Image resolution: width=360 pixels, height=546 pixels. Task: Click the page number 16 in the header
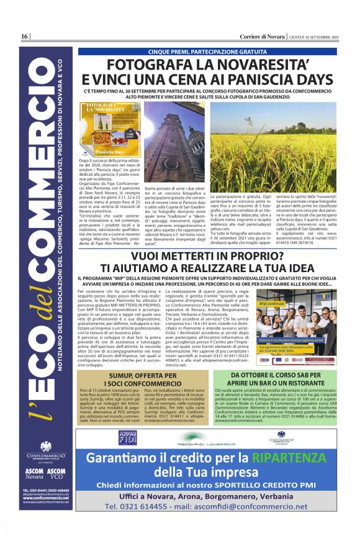[x=24, y=37]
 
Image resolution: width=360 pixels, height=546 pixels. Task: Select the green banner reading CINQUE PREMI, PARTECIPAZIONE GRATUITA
[x=208, y=52]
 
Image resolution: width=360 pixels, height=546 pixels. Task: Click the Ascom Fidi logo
[x=130, y=437]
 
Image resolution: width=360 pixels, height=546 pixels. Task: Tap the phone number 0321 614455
[x=144, y=524]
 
